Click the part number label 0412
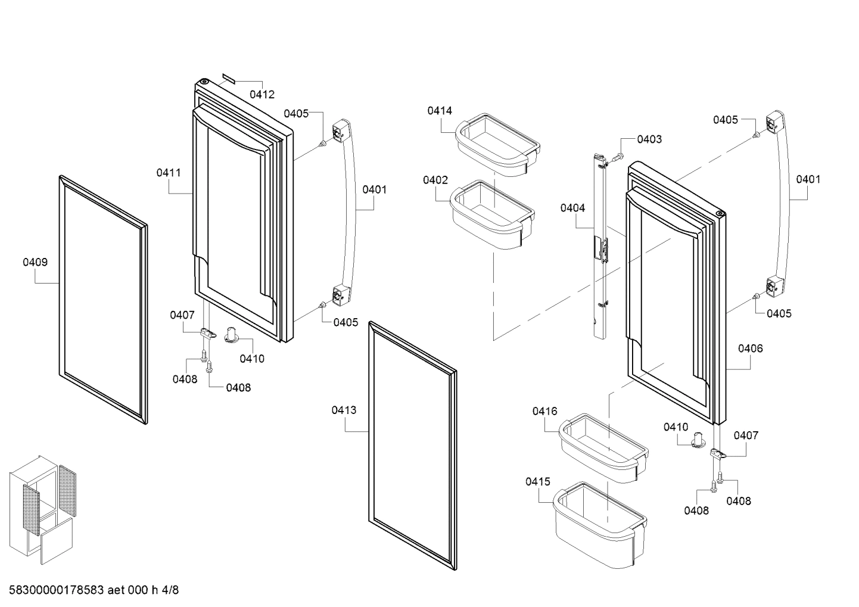(x=262, y=94)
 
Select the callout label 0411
(x=169, y=173)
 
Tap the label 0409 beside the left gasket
(x=35, y=262)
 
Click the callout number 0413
(x=344, y=410)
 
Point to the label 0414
(x=440, y=110)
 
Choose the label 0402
(x=435, y=180)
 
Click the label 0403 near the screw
(x=649, y=139)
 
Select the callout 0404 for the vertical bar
(x=572, y=208)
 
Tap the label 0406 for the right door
(x=750, y=348)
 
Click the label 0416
(x=544, y=411)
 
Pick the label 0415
(x=538, y=481)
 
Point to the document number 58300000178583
(x=57, y=590)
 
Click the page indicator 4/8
(x=170, y=590)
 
